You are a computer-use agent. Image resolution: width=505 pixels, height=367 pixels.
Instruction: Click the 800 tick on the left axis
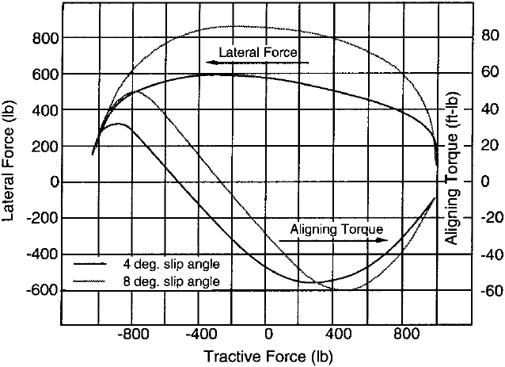(x=62, y=37)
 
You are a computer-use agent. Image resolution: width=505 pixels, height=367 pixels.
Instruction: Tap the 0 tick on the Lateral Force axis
(x=62, y=182)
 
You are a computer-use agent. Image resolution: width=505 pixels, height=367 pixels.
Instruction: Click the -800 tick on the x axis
(x=133, y=325)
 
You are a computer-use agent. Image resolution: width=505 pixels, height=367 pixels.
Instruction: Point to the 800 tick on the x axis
(x=404, y=325)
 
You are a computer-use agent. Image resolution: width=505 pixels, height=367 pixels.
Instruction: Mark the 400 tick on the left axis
(x=62, y=109)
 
